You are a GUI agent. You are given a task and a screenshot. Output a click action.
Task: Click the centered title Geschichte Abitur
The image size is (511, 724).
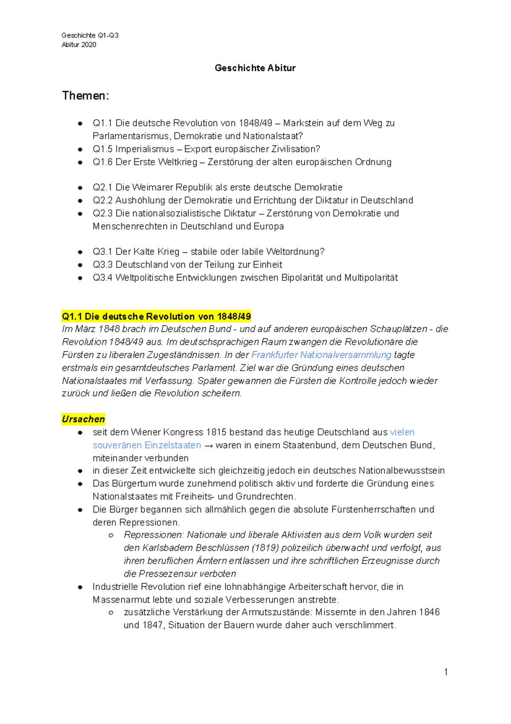[255, 68]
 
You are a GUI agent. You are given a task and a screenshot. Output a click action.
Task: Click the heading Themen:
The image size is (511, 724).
[86, 96]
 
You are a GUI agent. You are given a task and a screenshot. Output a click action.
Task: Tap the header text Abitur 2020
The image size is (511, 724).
[79, 45]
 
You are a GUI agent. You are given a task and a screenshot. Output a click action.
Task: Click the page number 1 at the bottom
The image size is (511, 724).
[446, 672]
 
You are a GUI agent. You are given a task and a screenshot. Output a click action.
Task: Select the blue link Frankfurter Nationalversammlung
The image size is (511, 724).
[321, 355]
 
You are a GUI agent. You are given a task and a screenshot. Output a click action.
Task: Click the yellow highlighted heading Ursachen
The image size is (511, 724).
[83, 419]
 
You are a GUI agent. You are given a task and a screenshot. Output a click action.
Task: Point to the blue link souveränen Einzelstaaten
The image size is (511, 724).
[147, 445]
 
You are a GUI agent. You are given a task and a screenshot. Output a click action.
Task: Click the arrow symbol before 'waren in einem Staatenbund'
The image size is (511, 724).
[208, 446]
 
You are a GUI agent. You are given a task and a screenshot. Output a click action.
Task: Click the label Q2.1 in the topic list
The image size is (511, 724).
[102, 188]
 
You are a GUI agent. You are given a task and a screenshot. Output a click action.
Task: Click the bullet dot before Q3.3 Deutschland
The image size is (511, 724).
[80, 265]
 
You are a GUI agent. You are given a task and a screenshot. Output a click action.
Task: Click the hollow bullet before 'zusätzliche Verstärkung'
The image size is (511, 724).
[111, 612]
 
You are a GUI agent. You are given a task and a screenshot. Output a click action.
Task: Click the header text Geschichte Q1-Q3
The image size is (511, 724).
[90, 35]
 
